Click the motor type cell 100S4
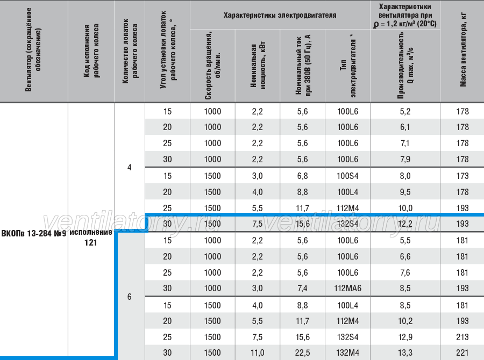[347, 176]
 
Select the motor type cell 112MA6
[347, 289]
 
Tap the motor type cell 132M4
[347, 353]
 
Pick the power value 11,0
[258, 353]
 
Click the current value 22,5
[302, 353]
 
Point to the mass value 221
[462, 353]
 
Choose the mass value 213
[462, 337]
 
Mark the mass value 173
[462, 176]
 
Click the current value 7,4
[302, 289]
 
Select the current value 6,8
[302, 176]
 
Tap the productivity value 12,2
[405, 224]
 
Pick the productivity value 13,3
[405, 353]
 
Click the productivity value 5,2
[405, 112]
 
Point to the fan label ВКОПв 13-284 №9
[34, 234]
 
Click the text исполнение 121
[91, 237]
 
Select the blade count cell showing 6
[129, 297]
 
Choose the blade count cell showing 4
[129, 168]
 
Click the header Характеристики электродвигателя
[280, 16]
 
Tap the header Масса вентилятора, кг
[463, 50]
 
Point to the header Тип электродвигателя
[348, 66]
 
